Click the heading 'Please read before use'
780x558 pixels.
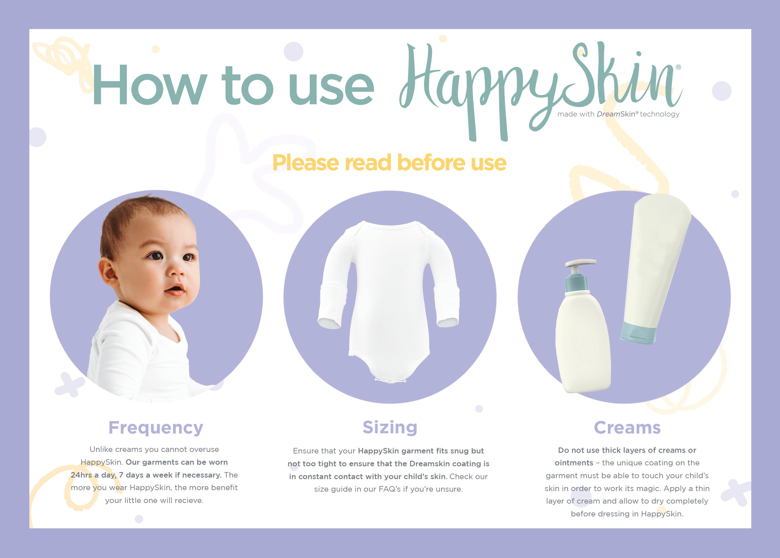pos(389,163)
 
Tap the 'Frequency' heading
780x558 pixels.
pos(156,428)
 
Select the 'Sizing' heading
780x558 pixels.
pos(390,427)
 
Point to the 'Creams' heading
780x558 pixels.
pos(627,428)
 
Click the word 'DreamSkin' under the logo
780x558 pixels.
pos(616,114)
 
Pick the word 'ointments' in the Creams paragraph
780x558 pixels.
pos(574,463)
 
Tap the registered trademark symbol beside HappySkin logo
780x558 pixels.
pos(678,67)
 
